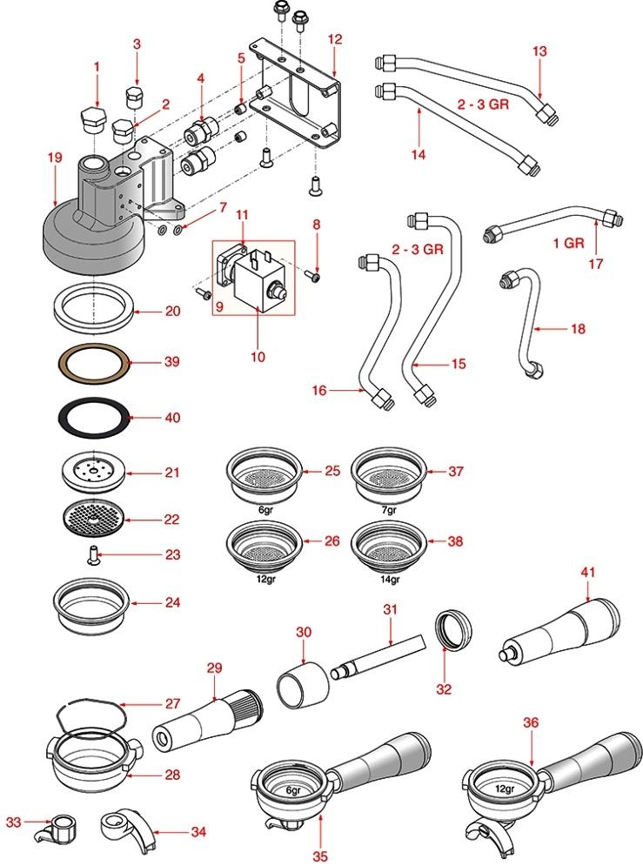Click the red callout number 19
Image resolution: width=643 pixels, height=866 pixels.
[55, 158]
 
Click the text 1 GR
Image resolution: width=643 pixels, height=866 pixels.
[568, 243]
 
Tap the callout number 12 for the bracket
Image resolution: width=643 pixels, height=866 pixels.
[335, 39]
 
